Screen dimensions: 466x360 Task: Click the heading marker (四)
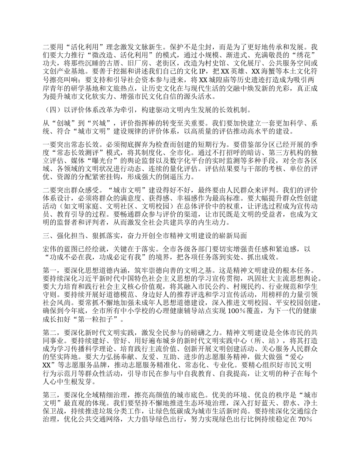tap(50, 110)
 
